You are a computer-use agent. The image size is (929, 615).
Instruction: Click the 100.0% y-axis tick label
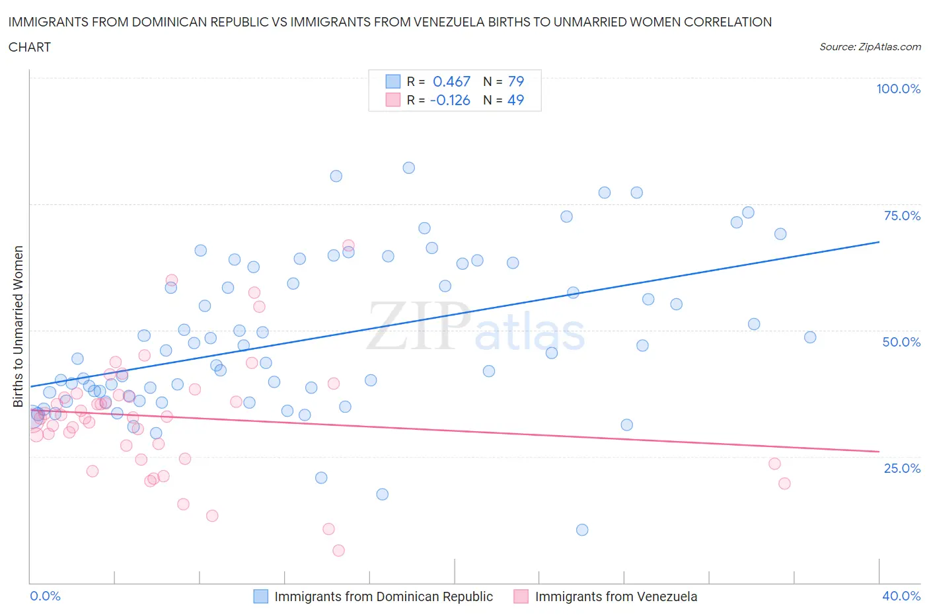[898, 89]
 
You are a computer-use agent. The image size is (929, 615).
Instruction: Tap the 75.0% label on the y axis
[902, 216]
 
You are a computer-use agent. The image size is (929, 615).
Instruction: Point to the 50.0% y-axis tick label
[901, 342]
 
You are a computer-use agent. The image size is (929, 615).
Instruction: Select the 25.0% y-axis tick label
[902, 468]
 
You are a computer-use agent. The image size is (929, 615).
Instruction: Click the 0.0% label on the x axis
[45, 596]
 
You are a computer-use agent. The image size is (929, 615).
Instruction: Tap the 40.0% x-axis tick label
[901, 596]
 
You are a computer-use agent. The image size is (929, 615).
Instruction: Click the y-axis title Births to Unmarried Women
[19, 327]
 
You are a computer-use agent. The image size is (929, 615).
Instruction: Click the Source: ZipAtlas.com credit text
[870, 47]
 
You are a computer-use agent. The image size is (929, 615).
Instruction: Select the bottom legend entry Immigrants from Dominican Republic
[383, 596]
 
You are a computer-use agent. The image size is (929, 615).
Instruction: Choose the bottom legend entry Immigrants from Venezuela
[616, 596]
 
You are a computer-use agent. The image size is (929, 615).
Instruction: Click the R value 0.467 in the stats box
[451, 81]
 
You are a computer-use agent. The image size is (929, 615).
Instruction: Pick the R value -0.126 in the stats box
[449, 100]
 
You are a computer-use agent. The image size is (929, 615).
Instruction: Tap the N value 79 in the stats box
[515, 81]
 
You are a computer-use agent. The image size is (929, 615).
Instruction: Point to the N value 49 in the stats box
[515, 100]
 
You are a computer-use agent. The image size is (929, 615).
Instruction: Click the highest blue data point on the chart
[409, 168]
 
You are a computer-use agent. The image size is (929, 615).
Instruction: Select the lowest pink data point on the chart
[338, 550]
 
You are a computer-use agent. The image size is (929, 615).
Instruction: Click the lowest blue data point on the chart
[582, 530]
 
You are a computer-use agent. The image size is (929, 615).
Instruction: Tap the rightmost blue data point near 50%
[810, 337]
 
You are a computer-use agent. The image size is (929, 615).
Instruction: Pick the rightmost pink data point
[784, 483]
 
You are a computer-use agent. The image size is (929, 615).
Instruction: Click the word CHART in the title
[30, 47]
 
